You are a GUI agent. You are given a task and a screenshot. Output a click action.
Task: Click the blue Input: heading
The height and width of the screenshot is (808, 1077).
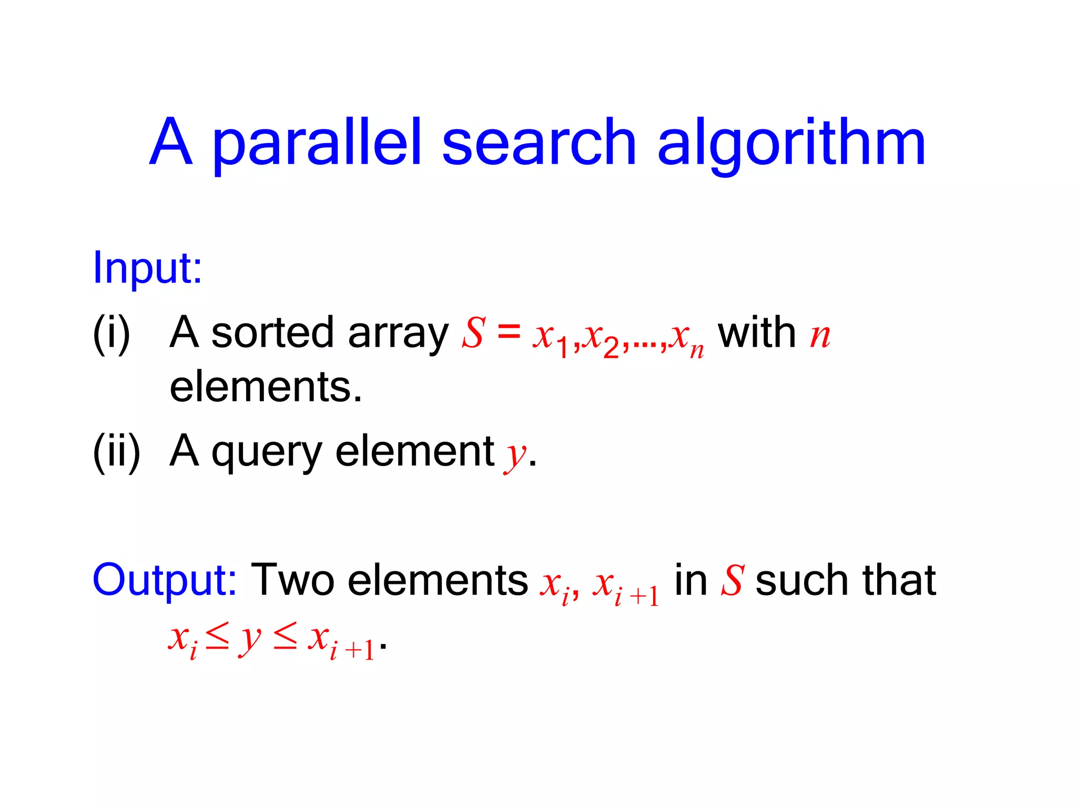coord(147,268)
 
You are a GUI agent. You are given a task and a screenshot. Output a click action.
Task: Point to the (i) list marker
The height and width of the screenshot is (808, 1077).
coord(111,334)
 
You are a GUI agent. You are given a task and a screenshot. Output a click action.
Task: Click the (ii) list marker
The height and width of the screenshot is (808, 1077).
coord(116,451)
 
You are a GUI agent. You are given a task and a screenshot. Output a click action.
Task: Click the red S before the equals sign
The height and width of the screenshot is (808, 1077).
coord(473,334)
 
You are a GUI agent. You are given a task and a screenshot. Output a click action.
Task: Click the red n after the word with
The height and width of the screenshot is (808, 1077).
coord(820,336)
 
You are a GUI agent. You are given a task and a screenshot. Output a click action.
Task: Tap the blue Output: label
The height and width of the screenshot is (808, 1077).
coord(165,581)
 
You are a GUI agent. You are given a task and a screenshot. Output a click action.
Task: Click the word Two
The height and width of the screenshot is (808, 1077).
coord(292,581)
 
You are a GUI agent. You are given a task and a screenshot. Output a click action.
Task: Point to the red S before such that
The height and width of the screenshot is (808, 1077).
coord(732,581)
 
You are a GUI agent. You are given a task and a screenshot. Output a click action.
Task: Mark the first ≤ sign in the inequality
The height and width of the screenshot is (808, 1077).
coord(217,639)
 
